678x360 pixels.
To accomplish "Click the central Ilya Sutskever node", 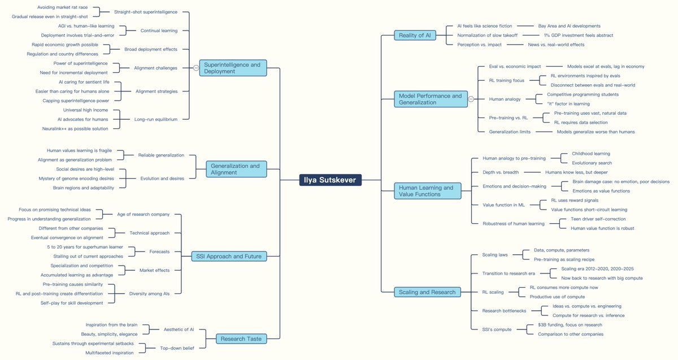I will (x=331, y=180).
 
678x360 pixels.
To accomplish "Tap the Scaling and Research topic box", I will (x=428, y=292).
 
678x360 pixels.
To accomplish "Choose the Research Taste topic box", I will (x=241, y=339).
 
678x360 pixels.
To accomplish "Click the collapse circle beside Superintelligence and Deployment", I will (x=195, y=68).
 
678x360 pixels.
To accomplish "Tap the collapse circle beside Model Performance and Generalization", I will (x=471, y=99).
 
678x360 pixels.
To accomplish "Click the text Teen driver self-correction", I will (x=598, y=219).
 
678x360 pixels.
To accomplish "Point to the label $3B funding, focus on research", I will (x=570, y=324).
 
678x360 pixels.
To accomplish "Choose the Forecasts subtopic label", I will (x=159, y=251).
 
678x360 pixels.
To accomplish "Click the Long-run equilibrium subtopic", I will (x=155, y=119).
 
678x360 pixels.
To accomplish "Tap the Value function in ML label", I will (x=503, y=205).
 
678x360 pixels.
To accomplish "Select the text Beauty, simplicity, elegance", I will (x=108, y=334).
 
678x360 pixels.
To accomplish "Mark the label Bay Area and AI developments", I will (x=569, y=26).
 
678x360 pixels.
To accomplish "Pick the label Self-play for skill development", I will (x=72, y=303).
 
